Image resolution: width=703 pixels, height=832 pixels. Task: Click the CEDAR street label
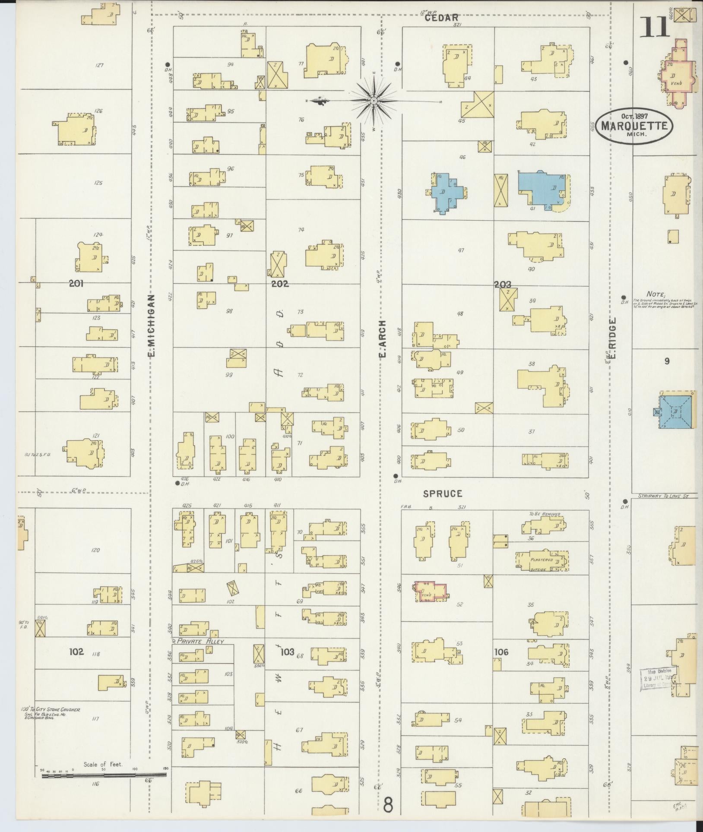pos(441,18)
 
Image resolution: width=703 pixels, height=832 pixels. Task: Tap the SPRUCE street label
pos(443,494)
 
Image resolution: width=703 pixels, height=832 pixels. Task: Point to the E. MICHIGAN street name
pos(152,326)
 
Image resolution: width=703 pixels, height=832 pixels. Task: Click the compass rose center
pos(374,101)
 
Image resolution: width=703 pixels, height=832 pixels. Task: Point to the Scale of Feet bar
pos(104,775)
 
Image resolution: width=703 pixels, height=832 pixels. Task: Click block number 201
pos(76,284)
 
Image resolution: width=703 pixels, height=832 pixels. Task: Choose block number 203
pos(502,284)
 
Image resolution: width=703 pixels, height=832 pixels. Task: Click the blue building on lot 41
pos(542,188)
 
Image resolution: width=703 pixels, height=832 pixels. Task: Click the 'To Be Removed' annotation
pos(544,514)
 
